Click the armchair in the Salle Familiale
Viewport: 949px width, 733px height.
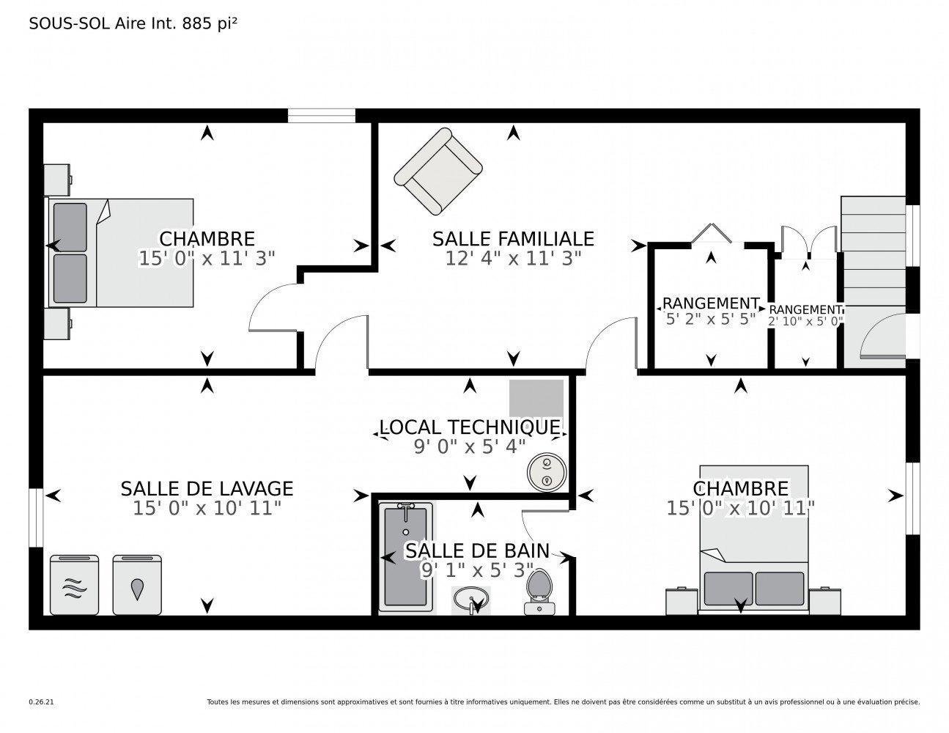coord(438,173)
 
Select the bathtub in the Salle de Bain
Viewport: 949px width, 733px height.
coord(405,555)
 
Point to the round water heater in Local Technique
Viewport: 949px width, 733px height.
coord(546,471)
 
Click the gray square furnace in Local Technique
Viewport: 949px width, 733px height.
coord(536,398)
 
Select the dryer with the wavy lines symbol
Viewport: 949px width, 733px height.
coord(74,585)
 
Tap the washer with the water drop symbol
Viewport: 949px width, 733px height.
coord(137,585)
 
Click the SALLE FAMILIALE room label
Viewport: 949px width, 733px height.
coord(512,239)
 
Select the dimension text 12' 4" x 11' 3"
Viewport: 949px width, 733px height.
coord(512,258)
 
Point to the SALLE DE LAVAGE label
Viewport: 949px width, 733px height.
coord(207,488)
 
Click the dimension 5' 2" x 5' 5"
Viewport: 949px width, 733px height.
coord(709,319)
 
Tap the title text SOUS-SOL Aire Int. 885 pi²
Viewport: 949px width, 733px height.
coord(133,23)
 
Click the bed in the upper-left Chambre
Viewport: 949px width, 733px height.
coord(121,252)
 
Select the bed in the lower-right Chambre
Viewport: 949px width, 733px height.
coord(753,539)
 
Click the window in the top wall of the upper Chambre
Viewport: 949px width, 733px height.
coord(321,115)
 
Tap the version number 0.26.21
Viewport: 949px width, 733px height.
coord(41,702)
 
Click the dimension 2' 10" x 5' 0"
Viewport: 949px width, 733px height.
coord(805,321)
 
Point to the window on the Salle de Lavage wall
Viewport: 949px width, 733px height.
coord(36,517)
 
